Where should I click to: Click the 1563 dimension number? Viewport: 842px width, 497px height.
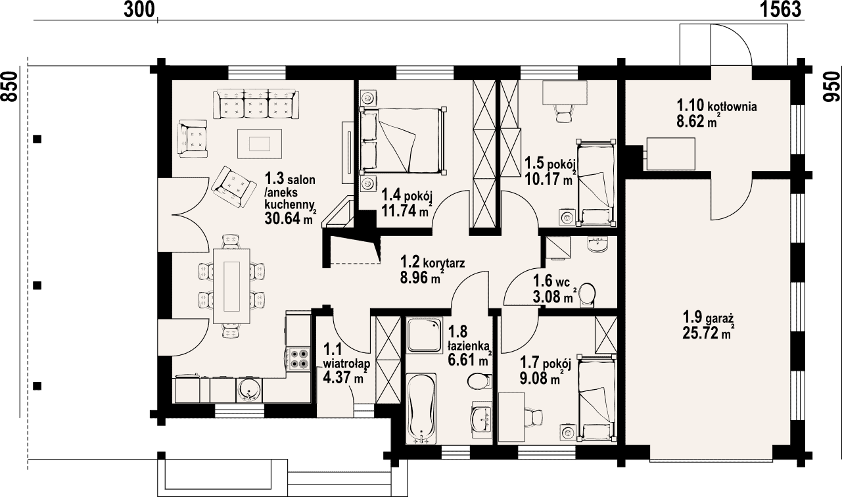click(x=781, y=9)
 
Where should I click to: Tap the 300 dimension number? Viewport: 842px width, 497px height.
click(x=139, y=9)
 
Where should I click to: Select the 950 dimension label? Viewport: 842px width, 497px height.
click(x=831, y=87)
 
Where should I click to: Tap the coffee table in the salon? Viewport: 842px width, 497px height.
click(x=260, y=143)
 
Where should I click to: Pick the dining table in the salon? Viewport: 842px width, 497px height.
click(x=231, y=286)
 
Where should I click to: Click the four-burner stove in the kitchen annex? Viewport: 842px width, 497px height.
click(x=299, y=359)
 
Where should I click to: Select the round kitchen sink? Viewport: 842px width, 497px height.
click(x=249, y=390)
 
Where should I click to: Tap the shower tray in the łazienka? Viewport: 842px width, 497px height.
click(x=425, y=335)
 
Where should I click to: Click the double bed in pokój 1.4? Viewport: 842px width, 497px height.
click(x=402, y=141)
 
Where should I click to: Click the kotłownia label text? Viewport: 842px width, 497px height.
click(x=732, y=106)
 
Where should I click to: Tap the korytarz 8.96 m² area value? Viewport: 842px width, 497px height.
click(x=420, y=278)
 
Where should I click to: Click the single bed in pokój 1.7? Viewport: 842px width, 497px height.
click(x=597, y=398)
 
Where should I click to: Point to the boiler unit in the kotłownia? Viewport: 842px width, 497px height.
click(x=670, y=154)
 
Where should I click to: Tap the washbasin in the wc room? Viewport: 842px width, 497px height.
click(x=597, y=245)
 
